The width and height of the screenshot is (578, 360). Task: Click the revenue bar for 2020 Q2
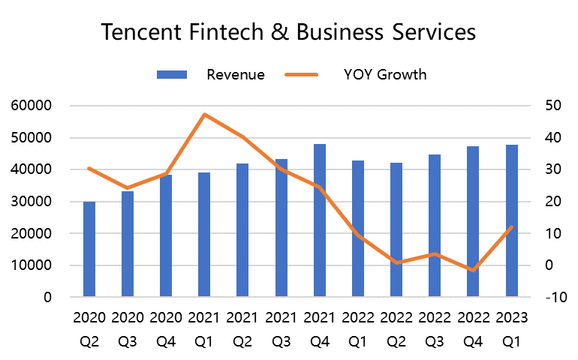pyautogui.click(x=89, y=250)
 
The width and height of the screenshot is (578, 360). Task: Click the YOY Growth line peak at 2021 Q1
pyautogui.click(x=204, y=115)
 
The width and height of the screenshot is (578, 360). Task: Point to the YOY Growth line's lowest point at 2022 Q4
pyautogui.click(x=473, y=270)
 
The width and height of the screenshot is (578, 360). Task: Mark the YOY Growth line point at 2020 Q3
pyautogui.click(x=128, y=187)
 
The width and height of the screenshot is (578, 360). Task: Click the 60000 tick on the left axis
pyautogui.click(x=32, y=106)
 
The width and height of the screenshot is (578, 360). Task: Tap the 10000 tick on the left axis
pyautogui.click(x=32, y=265)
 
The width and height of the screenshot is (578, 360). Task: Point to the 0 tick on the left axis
pyautogui.click(x=47, y=298)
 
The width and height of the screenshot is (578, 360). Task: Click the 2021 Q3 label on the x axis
pyautogui.click(x=281, y=329)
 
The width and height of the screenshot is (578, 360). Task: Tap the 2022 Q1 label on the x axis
pyautogui.click(x=358, y=329)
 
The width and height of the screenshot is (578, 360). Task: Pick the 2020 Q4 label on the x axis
pyautogui.click(x=166, y=329)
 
